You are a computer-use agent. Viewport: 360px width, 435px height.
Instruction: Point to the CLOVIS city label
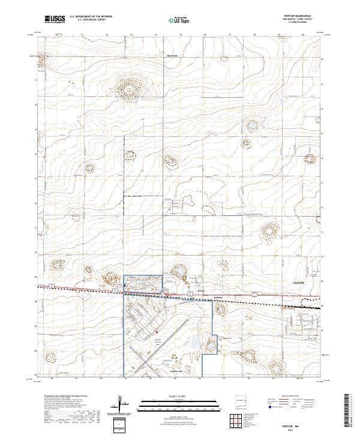pyautogui.click(x=299, y=281)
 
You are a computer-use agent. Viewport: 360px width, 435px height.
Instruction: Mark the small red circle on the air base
pyautogui.click(x=157, y=332)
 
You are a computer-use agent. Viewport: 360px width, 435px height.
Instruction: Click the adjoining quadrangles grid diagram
pyautogui.click(x=237, y=422)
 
